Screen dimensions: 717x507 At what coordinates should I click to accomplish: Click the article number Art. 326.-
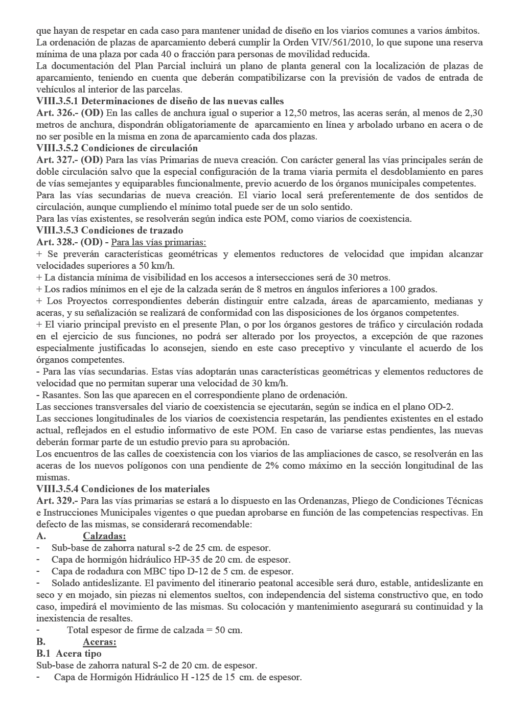tap(57, 113)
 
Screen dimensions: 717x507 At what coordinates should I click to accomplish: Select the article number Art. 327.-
tap(57, 160)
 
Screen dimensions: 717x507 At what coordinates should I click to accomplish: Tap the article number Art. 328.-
tap(57, 242)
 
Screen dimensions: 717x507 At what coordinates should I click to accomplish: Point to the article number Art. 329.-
tap(57, 501)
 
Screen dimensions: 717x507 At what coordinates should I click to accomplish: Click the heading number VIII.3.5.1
tap(57, 101)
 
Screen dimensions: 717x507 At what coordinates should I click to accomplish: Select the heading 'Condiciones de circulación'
tap(139, 148)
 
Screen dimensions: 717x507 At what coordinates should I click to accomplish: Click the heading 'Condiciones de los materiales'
tap(146, 489)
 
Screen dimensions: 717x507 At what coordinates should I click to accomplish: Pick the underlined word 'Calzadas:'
tap(104, 536)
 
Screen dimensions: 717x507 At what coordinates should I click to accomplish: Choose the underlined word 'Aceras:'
tap(100, 642)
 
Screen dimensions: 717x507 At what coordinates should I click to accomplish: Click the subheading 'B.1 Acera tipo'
tap(69, 654)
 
